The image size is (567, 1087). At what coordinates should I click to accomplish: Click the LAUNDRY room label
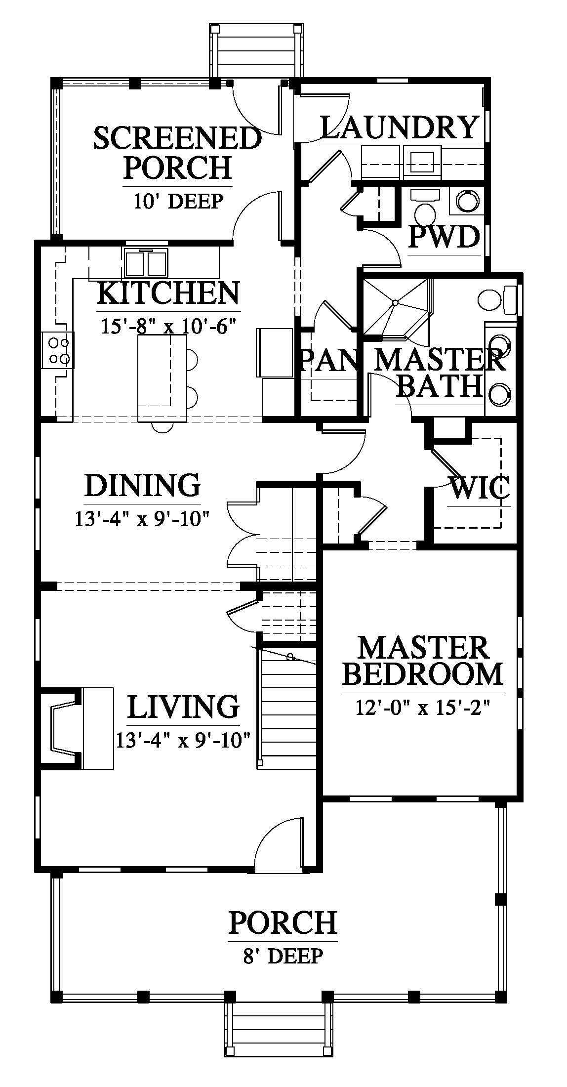point(400,127)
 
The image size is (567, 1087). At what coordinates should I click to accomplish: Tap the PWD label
point(445,237)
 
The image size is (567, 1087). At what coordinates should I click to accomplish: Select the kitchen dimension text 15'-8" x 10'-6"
point(168,327)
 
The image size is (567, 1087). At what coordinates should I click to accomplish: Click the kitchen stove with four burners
point(58,350)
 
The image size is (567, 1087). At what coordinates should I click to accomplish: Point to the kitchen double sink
point(146,263)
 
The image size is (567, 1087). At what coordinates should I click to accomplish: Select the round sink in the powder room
point(467,201)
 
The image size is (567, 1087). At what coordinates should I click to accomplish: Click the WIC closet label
point(480,489)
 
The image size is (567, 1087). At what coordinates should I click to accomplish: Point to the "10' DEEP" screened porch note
point(178,201)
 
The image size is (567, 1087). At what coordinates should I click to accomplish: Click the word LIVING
point(183,706)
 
